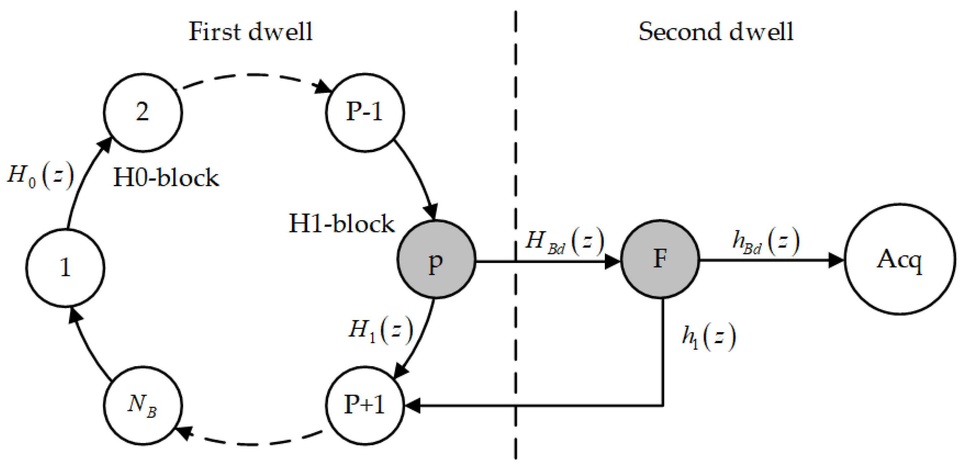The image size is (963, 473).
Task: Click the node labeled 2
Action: pos(142,112)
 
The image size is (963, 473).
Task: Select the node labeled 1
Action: pos(65,267)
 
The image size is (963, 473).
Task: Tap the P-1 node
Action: pos(365,112)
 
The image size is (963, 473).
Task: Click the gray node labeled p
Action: pos(436,259)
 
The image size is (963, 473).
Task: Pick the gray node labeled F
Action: pos(660,259)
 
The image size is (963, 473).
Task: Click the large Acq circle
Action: pos(900,259)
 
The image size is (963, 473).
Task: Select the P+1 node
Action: pos(365,405)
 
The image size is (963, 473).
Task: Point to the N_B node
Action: pos(142,405)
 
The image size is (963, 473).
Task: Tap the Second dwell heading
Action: pos(716,31)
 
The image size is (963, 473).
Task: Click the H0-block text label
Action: pos(165,178)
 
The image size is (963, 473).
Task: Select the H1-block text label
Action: pos(341,224)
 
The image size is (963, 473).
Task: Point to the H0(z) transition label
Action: pos(40,175)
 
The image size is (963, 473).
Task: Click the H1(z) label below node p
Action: pos(380,331)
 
